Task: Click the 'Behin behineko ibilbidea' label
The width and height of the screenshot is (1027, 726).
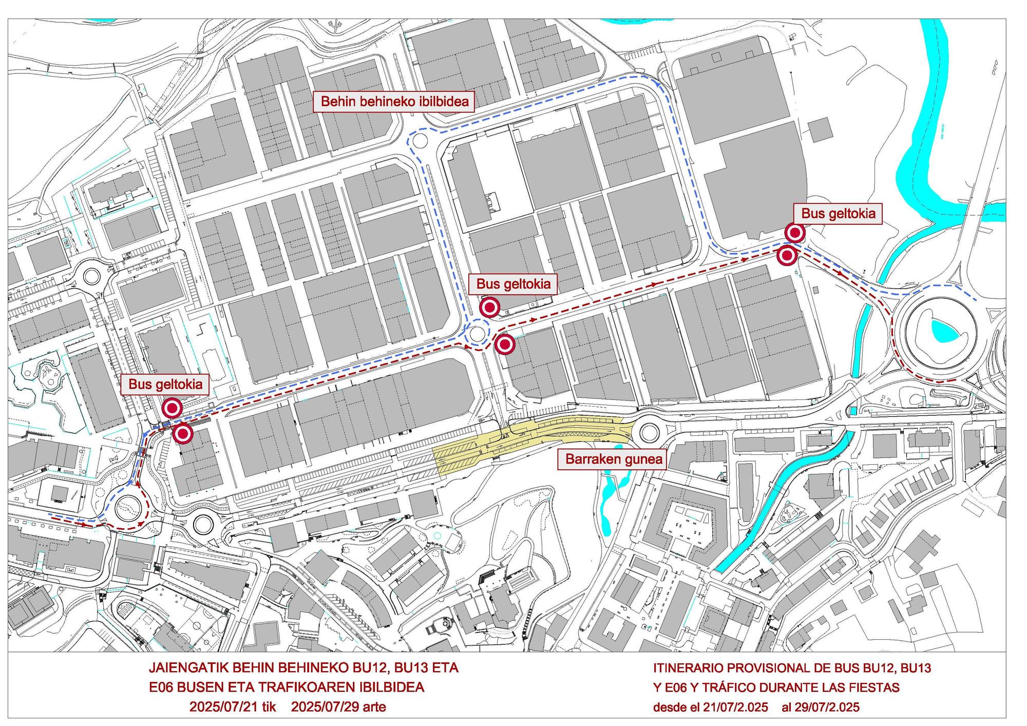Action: coord(394,102)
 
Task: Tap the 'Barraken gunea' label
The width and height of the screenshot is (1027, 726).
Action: coord(614,458)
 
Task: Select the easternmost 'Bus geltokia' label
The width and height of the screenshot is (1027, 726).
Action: coord(838,213)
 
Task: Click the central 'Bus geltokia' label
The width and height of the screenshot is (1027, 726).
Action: coord(513,283)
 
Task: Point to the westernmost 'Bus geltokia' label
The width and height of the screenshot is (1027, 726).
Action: coord(165,384)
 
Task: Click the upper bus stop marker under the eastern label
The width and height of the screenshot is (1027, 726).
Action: coord(795,234)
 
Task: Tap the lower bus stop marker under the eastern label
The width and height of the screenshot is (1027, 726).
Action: coord(786,255)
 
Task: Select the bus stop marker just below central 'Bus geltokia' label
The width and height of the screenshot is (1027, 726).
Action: coord(489,308)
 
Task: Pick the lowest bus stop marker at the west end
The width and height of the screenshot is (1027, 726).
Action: coord(182,434)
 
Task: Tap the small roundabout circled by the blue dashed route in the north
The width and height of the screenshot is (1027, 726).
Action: coord(419,140)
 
